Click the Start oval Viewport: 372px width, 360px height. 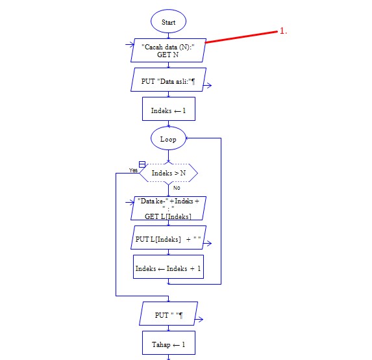(168, 22)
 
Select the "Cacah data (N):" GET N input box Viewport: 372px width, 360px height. (168, 50)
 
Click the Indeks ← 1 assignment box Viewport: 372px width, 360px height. (168, 110)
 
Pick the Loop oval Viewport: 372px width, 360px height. (168, 139)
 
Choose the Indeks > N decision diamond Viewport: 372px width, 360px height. (169, 173)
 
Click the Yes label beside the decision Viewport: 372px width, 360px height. (133, 170)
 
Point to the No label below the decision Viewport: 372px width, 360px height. (177, 188)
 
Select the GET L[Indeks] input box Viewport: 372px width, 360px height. (168, 208)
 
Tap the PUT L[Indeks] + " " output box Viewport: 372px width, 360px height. (168, 240)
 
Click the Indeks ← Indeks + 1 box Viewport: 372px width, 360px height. (168, 268)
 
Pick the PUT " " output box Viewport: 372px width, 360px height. (168, 316)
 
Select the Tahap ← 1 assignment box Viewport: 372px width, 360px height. (168, 344)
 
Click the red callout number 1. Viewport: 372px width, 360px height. (283, 31)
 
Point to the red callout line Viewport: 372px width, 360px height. (242, 36)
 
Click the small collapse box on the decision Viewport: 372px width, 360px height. (142, 164)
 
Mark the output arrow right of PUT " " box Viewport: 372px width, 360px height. (200, 319)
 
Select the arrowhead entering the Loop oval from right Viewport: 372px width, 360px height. (189, 139)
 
